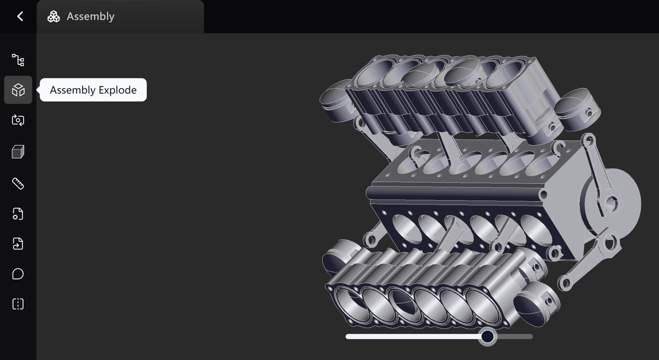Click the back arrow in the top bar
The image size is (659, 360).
[x=20, y=16]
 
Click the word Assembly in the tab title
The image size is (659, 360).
[x=91, y=16]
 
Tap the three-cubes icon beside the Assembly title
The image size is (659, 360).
[x=54, y=16]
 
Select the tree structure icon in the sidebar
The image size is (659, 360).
[x=18, y=60]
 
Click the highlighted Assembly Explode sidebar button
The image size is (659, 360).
[x=18, y=90]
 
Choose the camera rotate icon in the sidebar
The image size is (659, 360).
[x=18, y=120]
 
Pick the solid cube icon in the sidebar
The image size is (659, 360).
[x=18, y=152]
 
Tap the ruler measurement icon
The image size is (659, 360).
[x=18, y=183]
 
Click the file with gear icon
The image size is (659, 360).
[x=18, y=214]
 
